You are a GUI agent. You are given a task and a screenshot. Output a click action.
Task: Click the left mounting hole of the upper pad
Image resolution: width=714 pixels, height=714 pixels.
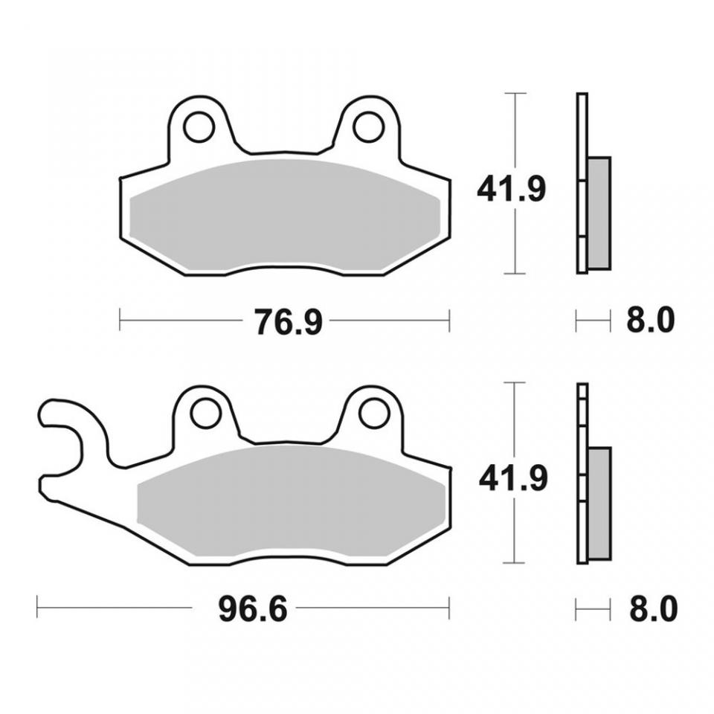click(x=199, y=126)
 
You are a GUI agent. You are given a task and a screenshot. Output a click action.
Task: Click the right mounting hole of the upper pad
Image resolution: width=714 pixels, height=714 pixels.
click(x=368, y=126)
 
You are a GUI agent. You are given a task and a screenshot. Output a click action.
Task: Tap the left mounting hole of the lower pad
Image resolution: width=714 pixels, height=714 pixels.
click(x=207, y=414)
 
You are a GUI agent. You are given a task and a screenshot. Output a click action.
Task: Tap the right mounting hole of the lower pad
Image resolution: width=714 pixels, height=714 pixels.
click(x=374, y=414)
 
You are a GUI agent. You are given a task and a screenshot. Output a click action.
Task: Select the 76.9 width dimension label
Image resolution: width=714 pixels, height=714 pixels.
click(x=288, y=321)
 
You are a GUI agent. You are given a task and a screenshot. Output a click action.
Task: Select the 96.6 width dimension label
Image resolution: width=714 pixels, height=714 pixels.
click(x=253, y=608)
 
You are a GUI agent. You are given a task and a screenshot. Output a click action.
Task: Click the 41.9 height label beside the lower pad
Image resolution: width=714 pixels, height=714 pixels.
click(x=512, y=478)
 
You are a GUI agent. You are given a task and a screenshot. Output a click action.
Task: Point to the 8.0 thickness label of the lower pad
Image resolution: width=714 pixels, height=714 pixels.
click(x=654, y=608)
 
